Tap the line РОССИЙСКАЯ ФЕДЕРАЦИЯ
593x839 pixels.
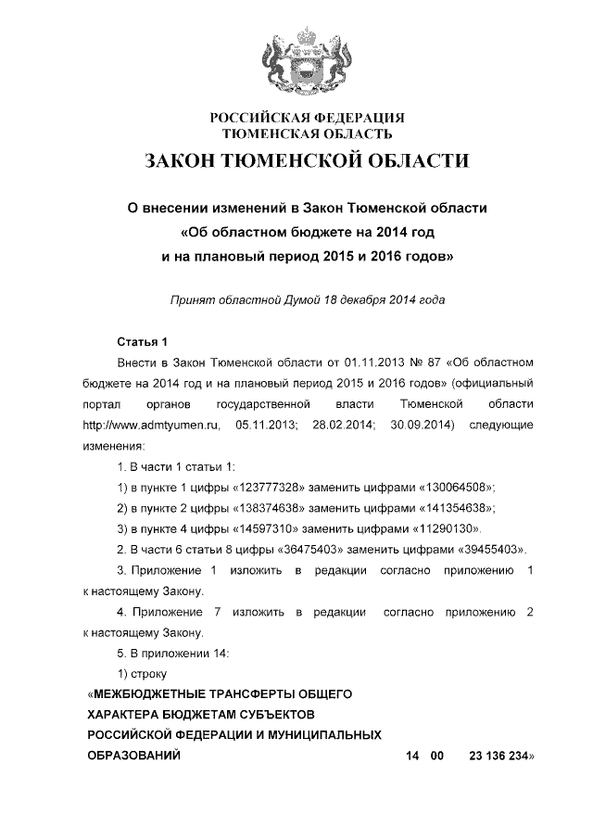(307, 118)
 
